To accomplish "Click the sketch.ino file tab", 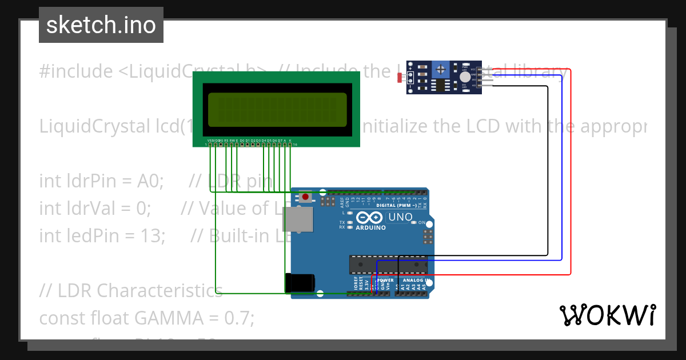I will point(101,25).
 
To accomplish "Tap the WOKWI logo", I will point(607,315).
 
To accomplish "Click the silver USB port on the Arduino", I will point(298,219).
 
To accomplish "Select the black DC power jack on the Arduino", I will point(300,283).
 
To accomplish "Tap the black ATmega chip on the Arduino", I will point(388,265).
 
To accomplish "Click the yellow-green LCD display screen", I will point(277,109).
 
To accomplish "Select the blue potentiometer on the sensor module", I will point(440,70).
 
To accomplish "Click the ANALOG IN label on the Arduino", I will point(413,280).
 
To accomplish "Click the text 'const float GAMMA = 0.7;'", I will point(146,317).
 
